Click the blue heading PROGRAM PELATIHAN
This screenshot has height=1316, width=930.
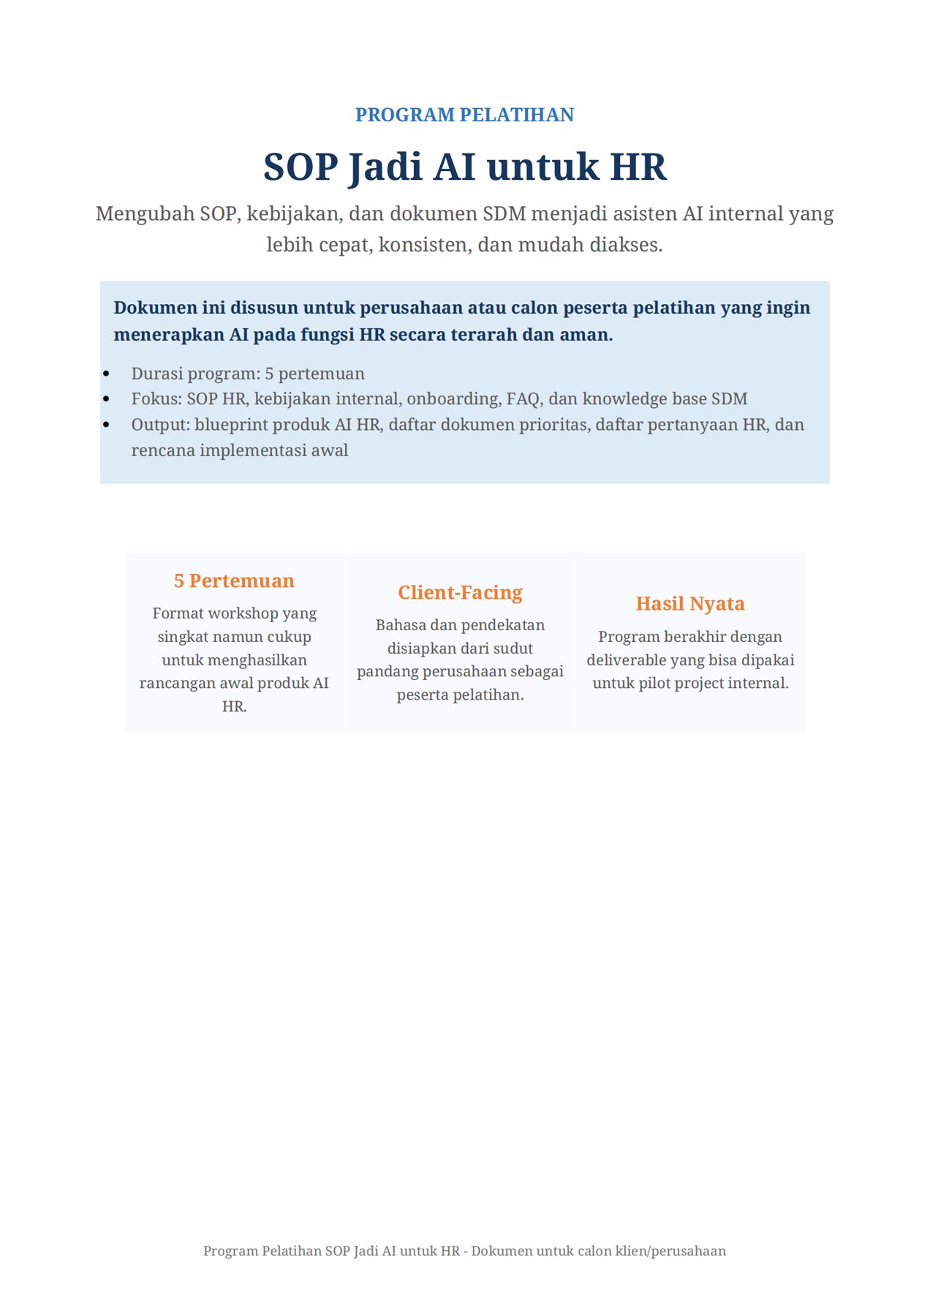(x=464, y=115)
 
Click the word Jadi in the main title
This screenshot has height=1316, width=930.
(x=385, y=167)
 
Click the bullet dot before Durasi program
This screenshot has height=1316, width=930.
(x=107, y=374)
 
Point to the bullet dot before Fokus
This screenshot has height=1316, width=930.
(x=107, y=399)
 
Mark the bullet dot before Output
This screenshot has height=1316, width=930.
(x=107, y=425)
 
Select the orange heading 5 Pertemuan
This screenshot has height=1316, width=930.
(x=234, y=581)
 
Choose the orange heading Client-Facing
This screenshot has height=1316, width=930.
(x=460, y=592)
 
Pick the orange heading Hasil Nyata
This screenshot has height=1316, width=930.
(x=690, y=604)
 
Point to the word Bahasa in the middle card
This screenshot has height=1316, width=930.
(x=400, y=625)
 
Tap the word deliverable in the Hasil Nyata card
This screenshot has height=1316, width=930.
(x=626, y=660)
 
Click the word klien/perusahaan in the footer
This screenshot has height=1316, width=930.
(x=670, y=1251)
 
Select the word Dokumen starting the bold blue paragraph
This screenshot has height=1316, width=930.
(x=155, y=308)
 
